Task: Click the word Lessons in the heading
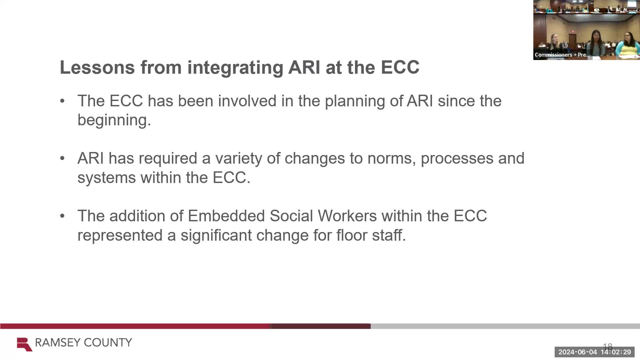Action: tap(97, 67)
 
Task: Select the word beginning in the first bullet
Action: tap(114, 120)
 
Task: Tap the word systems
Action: tap(107, 178)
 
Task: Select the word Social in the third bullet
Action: tap(291, 216)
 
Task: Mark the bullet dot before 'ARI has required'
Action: tap(62, 158)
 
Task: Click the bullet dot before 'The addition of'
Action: tap(62, 216)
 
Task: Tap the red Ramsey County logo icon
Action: tap(24, 344)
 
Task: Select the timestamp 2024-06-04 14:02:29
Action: tap(595, 352)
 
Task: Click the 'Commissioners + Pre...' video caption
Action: tap(562, 55)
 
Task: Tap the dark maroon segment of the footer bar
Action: tap(321, 326)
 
